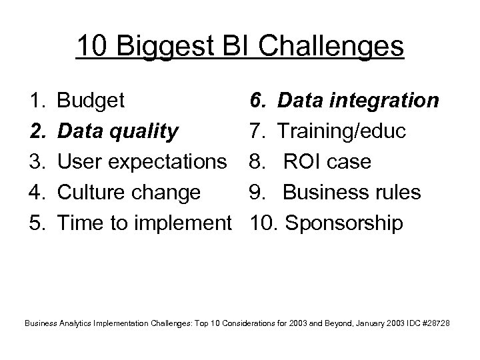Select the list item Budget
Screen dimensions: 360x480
[91, 101]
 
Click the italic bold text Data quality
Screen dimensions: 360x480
[118, 132]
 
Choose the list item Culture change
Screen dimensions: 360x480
[129, 193]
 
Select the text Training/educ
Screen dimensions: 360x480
[340, 132]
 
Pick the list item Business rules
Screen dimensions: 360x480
[352, 193]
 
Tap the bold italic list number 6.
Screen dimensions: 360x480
[257, 101]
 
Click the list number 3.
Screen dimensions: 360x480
[37, 163]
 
